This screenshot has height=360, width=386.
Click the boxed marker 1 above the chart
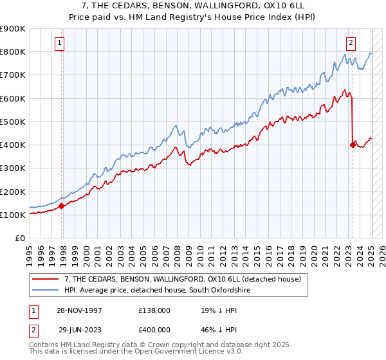(x=59, y=43)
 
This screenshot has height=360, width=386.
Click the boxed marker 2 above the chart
(x=351, y=43)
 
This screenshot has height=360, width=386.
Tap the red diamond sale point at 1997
(x=62, y=206)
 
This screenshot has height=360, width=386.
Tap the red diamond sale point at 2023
(x=353, y=145)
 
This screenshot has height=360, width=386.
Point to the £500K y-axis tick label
(x=13, y=122)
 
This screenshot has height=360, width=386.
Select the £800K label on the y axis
(x=13, y=51)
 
